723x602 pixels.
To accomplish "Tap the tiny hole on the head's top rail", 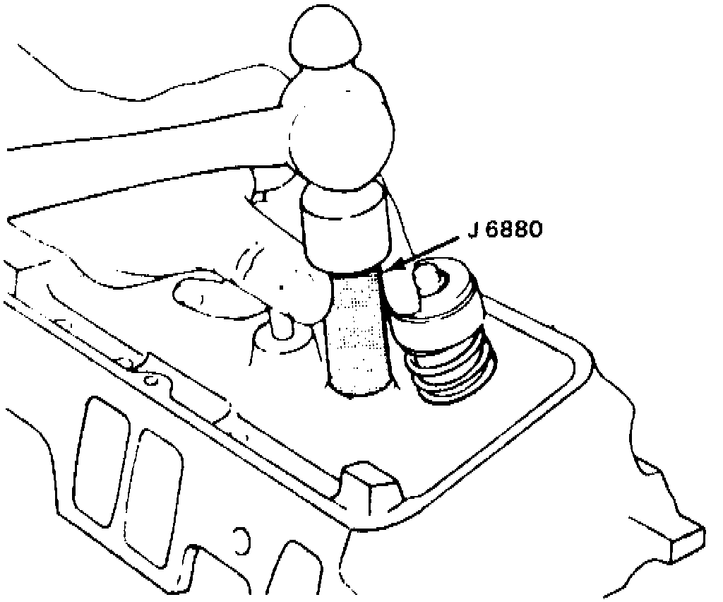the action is [151, 379].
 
